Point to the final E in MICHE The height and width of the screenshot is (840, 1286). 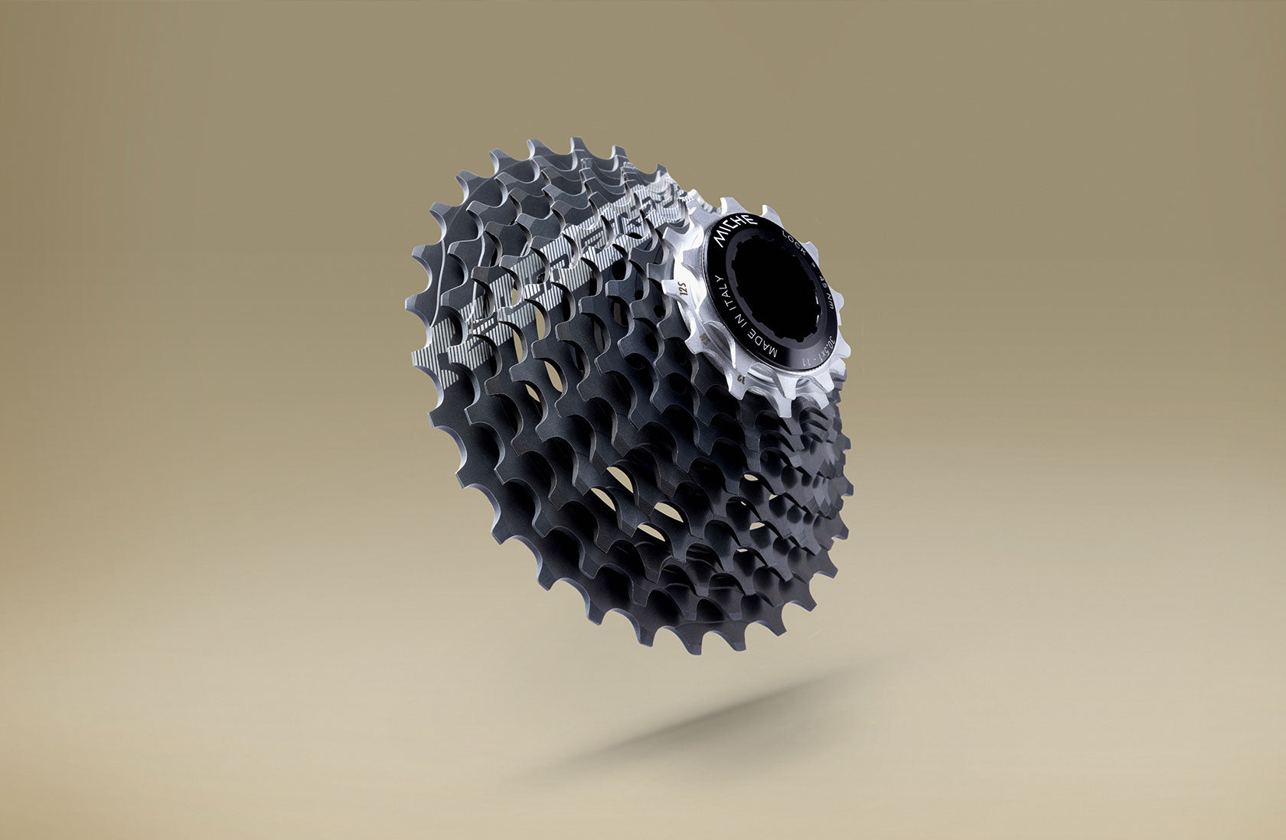click(x=751, y=220)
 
